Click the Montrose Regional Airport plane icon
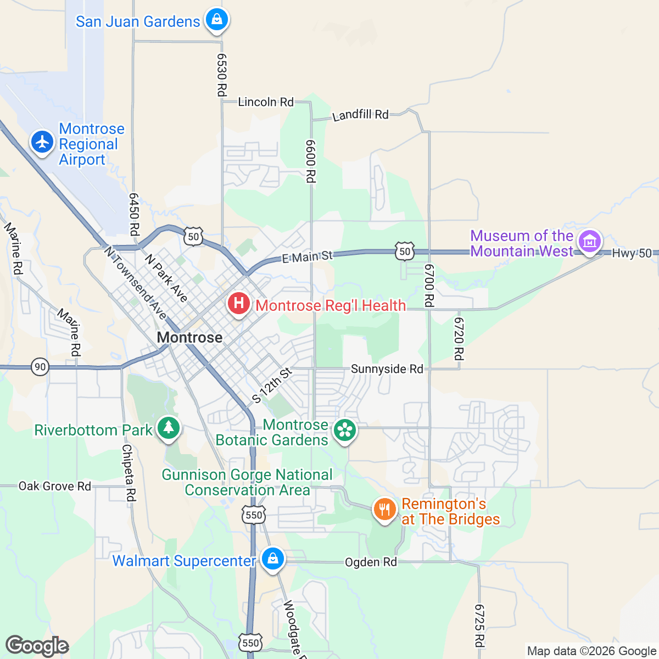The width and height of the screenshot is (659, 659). tap(42, 142)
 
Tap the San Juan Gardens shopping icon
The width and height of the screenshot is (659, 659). tap(217, 20)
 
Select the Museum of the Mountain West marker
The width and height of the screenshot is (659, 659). tap(589, 241)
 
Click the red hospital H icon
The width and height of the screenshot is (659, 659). tap(239, 303)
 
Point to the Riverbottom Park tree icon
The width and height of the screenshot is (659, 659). tap(168, 428)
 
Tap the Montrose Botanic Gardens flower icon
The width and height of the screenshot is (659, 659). tap(345, 430)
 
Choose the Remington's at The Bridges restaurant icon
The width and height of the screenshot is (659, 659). tap(385, 509)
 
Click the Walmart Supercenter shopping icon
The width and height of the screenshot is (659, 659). tap(272, 559)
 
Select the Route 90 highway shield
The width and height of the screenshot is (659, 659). tap(40, 367)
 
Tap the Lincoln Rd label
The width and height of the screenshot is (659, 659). tap(266, 102)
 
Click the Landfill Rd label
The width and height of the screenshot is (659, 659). tap(360, 115)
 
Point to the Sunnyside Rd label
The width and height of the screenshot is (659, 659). tap(387, 369)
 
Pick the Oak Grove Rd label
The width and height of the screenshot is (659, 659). tap(55, 486)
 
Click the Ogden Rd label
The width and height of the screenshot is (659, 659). tap(371, 562)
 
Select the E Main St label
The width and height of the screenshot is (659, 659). tap(308, 256)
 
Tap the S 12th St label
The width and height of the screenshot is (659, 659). tap(272, 386)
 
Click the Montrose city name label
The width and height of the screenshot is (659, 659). tap(190, 337)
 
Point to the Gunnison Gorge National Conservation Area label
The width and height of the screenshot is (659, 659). tap(247, 482)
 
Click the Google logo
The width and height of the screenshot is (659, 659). tap(37, 646)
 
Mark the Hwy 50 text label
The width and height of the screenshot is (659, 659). tap(632, 253)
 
